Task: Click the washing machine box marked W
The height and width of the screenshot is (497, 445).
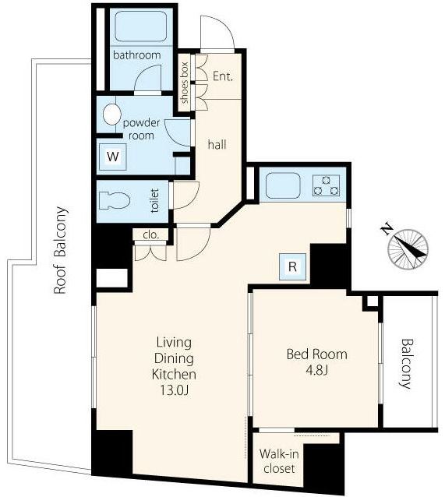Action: (x=113, y=157)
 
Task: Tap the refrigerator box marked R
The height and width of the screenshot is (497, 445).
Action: (x=292, y=266)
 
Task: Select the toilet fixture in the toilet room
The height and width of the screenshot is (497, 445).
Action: (x=115, y=200)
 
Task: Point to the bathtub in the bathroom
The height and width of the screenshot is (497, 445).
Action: (x=141, y=26)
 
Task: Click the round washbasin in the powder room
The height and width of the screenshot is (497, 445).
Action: (x=111, y=115)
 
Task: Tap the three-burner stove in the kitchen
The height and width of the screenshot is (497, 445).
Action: (x=327, y=185)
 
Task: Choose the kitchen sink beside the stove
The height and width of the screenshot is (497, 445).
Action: (x=283, y=185)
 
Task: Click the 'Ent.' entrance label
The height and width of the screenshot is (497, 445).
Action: (x=223, y=76)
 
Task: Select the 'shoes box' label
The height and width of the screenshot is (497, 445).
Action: (x=184, y=83)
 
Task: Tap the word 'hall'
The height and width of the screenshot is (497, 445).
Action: (x=217, y=145)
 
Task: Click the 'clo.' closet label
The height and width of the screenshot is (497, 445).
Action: (x=150, y=235)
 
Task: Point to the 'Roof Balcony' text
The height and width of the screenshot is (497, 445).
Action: (x=60, y=250)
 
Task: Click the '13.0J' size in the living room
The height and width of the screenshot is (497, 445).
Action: (x=174, y=390)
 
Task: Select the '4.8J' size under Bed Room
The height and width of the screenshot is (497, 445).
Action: (x=316, y=370)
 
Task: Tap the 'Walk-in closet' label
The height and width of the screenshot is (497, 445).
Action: (x=279, y=461)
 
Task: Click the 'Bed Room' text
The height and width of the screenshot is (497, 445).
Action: (x=317, y=354)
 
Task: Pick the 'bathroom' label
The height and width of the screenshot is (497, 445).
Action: (x=137, y=55)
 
